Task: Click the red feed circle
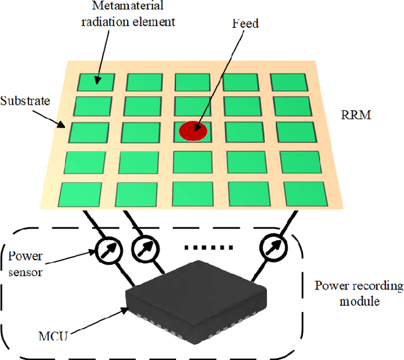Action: [193, 131]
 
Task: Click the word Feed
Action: [246, 23]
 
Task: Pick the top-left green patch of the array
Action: [97, 81]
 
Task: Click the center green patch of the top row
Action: [193, 82]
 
